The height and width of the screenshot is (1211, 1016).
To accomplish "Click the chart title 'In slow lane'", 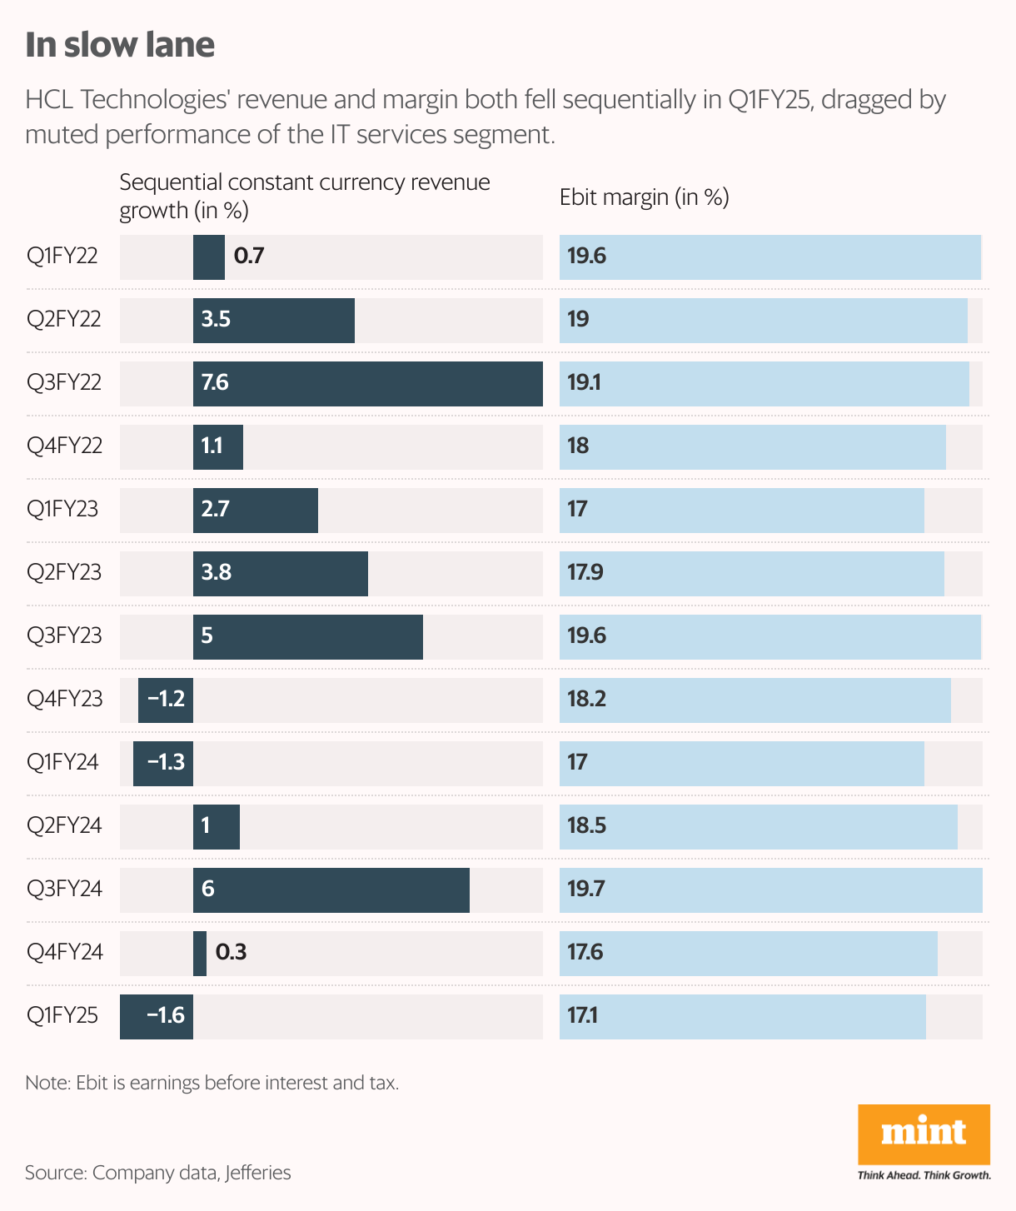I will coord(120,45).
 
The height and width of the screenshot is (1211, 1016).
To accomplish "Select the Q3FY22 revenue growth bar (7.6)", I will coord(367,384).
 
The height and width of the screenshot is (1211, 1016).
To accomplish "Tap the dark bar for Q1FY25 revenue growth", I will coord(157,1016).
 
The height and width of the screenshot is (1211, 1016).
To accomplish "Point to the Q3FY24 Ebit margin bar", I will coord(770,890).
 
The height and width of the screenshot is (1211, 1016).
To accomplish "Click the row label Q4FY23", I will coord(65,699).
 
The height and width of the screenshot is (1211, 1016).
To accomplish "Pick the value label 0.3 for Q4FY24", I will coord(231,952).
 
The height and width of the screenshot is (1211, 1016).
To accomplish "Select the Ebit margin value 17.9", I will coord(585,573).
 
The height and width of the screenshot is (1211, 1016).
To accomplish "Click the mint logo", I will coord(924,1134).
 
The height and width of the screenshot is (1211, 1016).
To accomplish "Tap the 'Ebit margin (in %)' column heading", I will coord(644,197).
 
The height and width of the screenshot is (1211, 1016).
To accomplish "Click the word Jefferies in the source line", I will coord(258,1173).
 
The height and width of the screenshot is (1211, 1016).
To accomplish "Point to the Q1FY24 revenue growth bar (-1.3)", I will coord(163,763).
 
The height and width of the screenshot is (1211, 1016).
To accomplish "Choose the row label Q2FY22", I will coord(64,319).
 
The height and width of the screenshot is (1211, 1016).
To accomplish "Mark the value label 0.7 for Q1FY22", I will coord(249,256).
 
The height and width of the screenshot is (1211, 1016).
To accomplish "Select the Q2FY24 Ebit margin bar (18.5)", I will coord(758,827).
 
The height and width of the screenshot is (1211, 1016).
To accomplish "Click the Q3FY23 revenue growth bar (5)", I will coord(307,637).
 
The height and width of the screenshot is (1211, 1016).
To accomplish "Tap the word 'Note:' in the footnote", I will coord(48,1083).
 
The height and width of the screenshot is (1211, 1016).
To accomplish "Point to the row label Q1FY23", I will coord(62,509).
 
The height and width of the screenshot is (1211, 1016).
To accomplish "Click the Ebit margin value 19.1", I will coord(584,383).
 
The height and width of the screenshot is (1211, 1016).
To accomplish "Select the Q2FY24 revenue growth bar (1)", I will coord(217,827).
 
